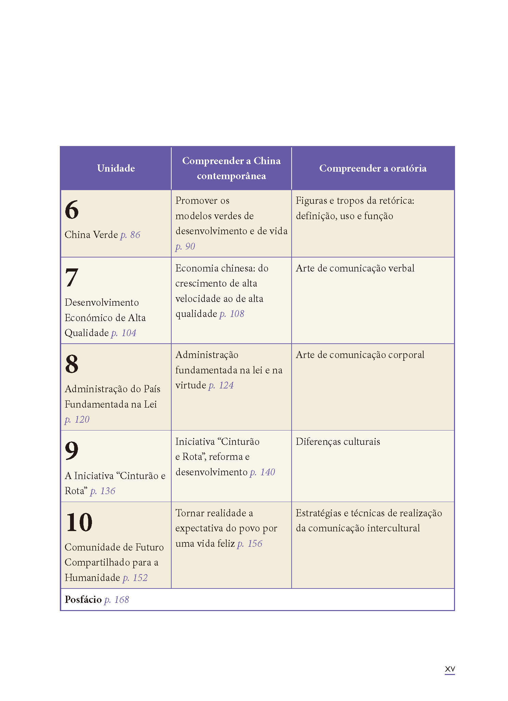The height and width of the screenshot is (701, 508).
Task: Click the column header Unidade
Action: click(x=116, y=168)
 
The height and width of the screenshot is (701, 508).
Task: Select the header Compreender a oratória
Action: click(x=373, y=168)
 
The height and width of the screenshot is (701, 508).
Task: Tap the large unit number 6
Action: click(x=72, y=210)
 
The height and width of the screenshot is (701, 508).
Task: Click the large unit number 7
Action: click(x=72, y=277)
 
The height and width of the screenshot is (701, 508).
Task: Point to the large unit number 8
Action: click(x=72, y=364)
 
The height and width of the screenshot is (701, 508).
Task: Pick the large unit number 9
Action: click(x=72, y=451)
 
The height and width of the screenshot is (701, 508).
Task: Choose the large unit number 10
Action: click(x=79, y=522)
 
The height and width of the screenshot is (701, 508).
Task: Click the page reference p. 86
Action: click(x=130, y=235)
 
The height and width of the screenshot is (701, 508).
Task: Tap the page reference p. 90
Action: click(x=185, y=246)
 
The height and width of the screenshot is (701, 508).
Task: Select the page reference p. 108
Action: click(x=232, y=314)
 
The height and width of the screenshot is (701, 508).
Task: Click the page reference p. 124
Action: click(x=221, y=385)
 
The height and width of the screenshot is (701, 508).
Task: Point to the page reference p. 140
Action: click(x=262, y=472)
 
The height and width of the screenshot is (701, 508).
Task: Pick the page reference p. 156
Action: click(x=250, y=544)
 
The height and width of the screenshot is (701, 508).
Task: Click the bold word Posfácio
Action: click(x=83, y=599)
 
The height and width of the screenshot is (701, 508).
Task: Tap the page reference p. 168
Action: click(x=117, y=599)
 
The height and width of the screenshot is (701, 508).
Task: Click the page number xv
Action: click(x=450, y=669)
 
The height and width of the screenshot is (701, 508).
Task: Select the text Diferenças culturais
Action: click(x=338, y=441)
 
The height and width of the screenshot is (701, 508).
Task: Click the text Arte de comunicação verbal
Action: click(x=355, y=268)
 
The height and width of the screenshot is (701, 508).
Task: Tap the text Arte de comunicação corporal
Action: click(x=360, y=355)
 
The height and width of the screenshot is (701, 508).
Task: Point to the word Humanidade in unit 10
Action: click(x=92, y=578)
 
